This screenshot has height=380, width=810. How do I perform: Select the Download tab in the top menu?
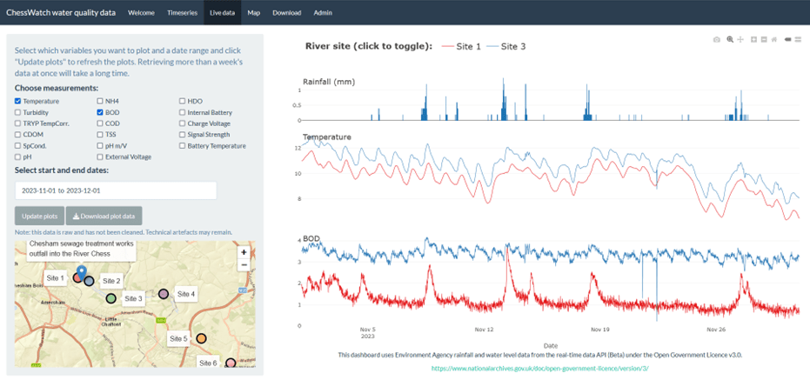click(x=286, y=13)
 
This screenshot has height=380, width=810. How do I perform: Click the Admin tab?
click(x=323, y=13)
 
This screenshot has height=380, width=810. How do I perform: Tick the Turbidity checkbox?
click(x=18, y=113)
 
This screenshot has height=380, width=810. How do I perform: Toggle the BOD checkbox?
click(x=101, y=113)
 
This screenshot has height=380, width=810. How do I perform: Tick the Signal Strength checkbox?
click(x=183, y=135)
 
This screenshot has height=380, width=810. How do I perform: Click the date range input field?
click(x=115, y=190)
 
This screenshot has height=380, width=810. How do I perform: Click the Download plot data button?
click(x=104, y=216)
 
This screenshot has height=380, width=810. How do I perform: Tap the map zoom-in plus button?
click(x=244, y=252)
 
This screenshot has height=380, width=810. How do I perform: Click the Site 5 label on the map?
click(x=177, y=338)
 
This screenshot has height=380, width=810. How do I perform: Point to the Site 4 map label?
click(x=185, y=295)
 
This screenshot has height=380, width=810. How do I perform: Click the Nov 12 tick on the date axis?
click(x=484, y=330)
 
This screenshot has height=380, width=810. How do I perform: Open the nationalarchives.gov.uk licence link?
click(x=539, y=369)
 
